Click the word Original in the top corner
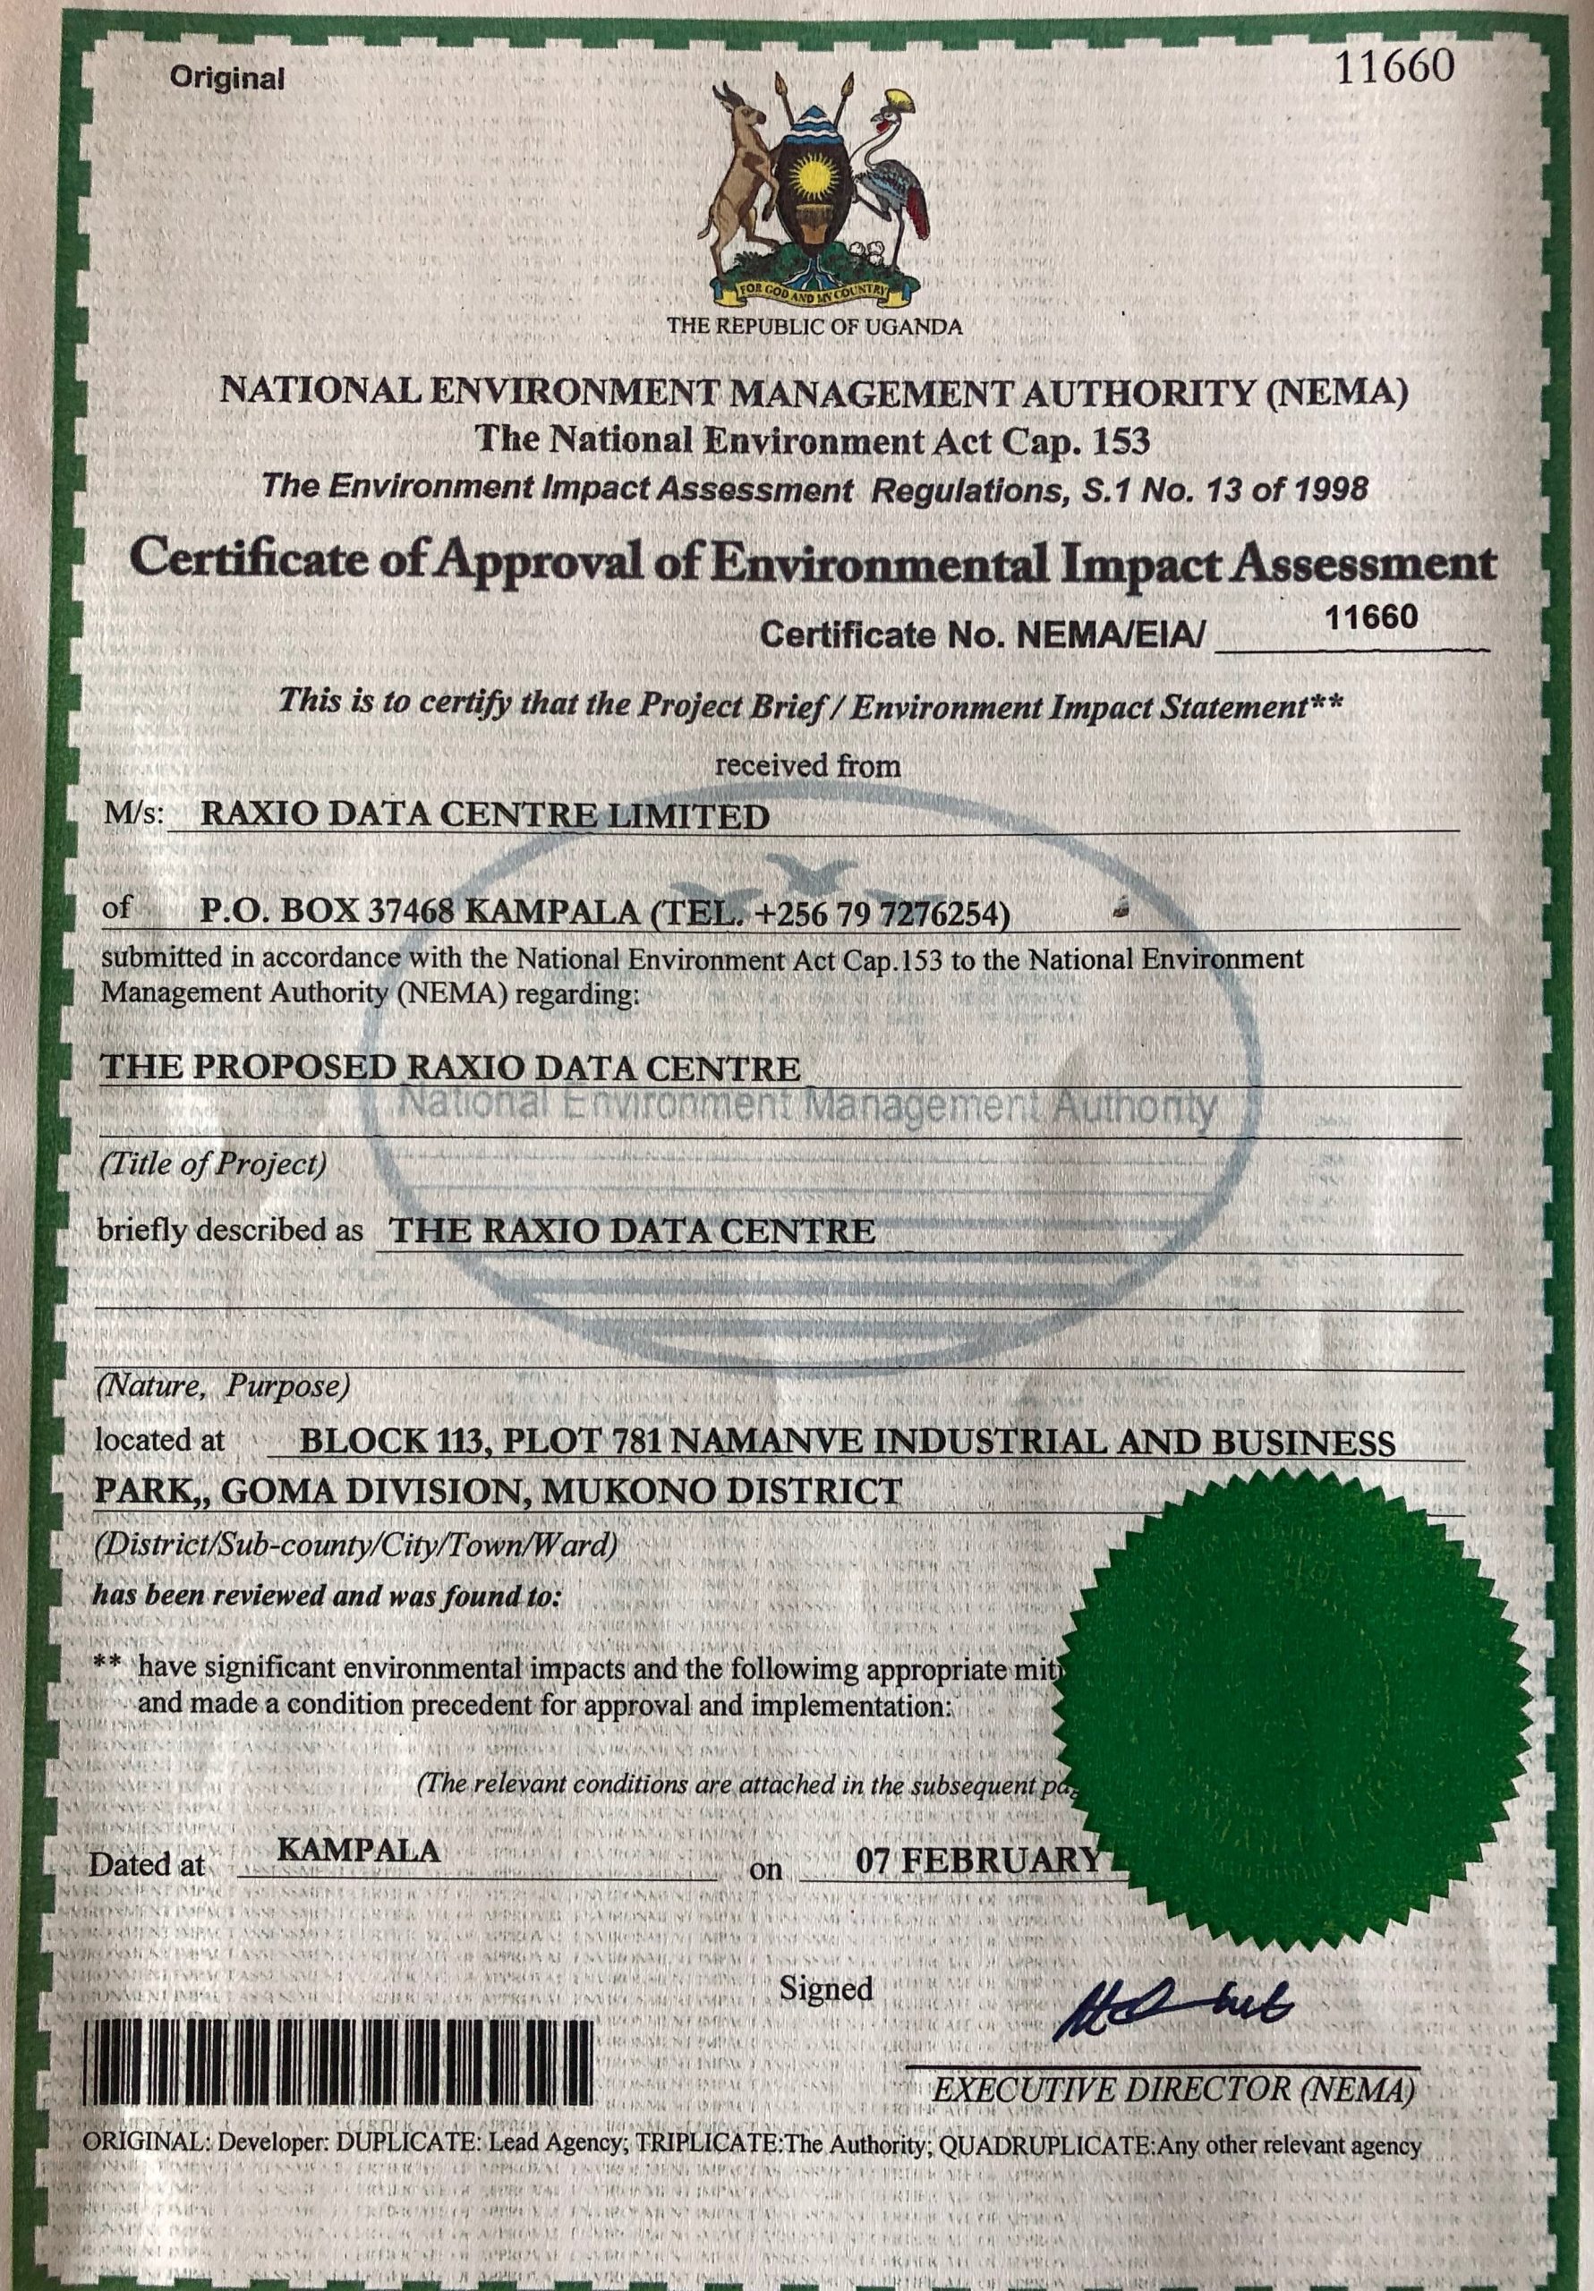click(x=226, y=78)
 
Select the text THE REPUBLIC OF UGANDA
click(x=814, y=327)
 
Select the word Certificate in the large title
click(x=254, y=561)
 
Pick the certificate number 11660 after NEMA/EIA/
click(x=1370, y=617)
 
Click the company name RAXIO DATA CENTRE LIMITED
click(x=485, y=816)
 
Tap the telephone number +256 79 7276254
click(x=883, y=912)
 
